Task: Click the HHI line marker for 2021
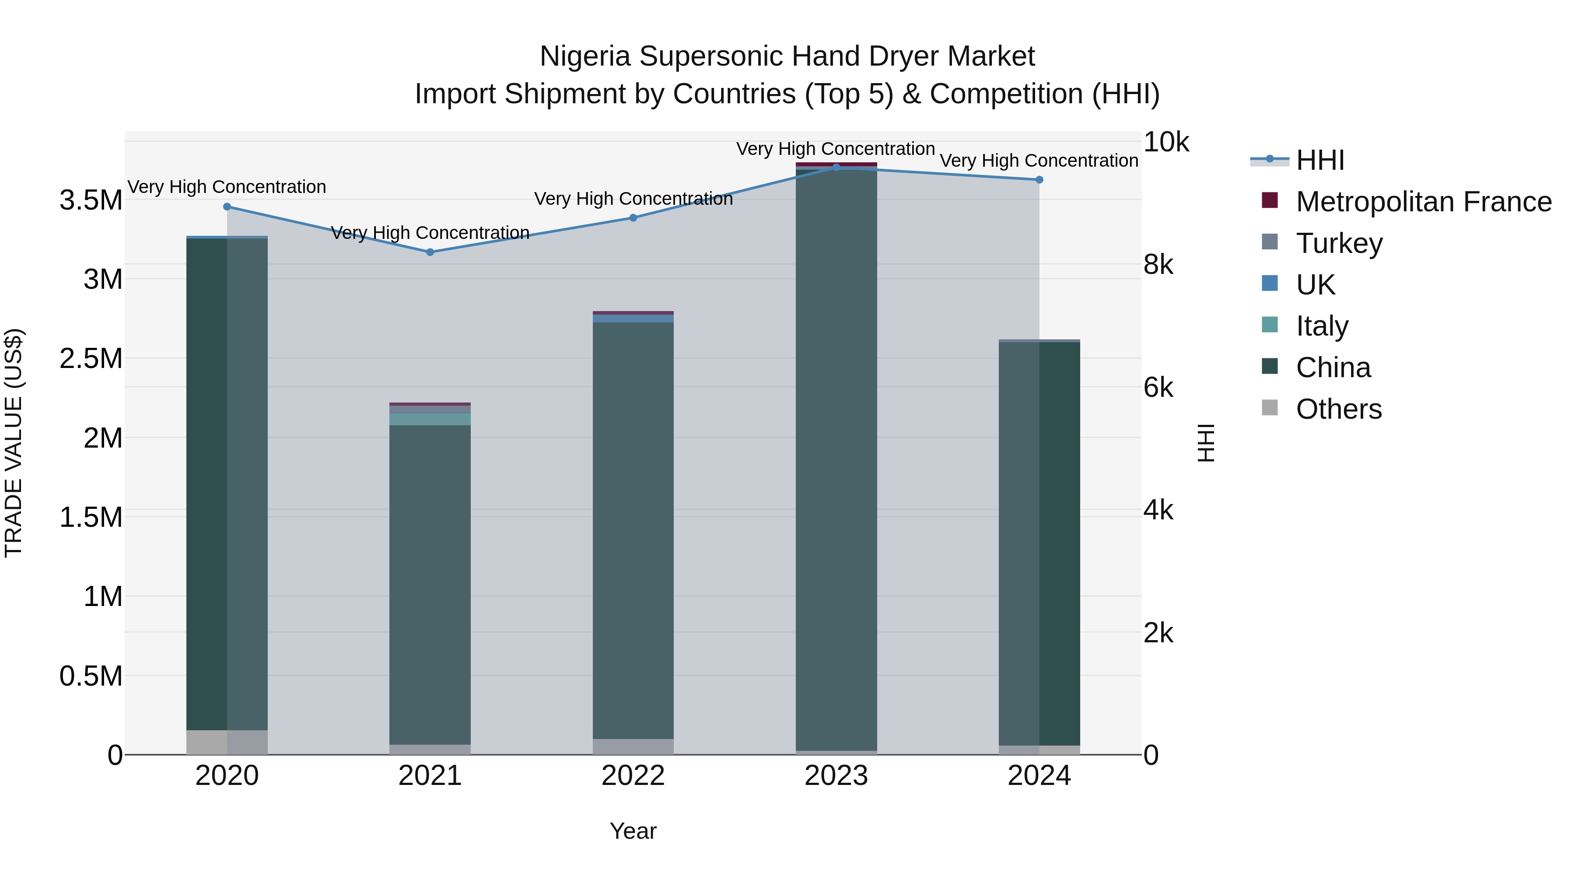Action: click(430, 252)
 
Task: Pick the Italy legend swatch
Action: click(1270, 325)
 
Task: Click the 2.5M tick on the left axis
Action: click(91, 359)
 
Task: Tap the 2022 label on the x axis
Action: click(633, 776)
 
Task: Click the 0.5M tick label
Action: click(91, 676)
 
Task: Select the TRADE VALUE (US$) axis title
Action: click(14, 443)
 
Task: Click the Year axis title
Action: click(633, 831)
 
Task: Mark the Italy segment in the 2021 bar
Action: click(430, 419)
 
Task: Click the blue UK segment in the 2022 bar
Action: click(633, 319)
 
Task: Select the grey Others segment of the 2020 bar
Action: click(227, 742)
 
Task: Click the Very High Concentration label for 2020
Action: click(227, 187)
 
